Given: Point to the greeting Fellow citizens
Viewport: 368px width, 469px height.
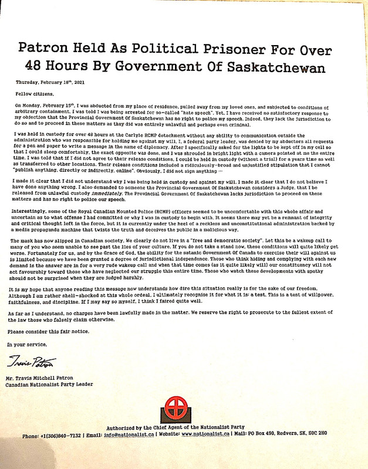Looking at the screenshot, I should pos(34,93).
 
